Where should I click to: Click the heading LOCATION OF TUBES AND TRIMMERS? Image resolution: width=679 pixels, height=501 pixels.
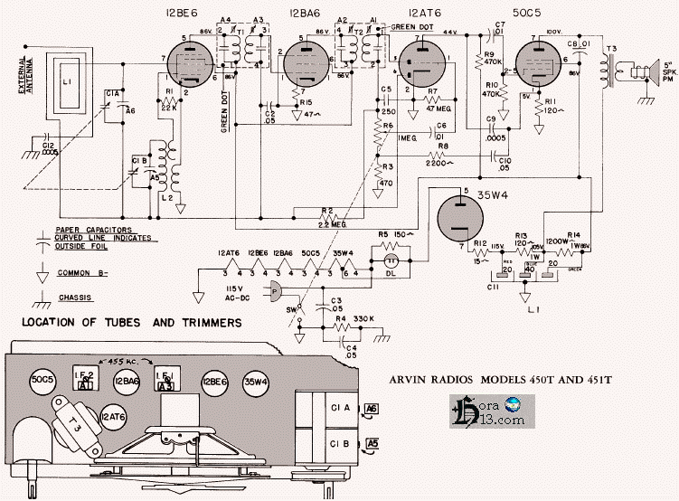tap(131, 323)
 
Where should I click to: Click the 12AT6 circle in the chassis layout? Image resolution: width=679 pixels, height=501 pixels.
tap(112, 417)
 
